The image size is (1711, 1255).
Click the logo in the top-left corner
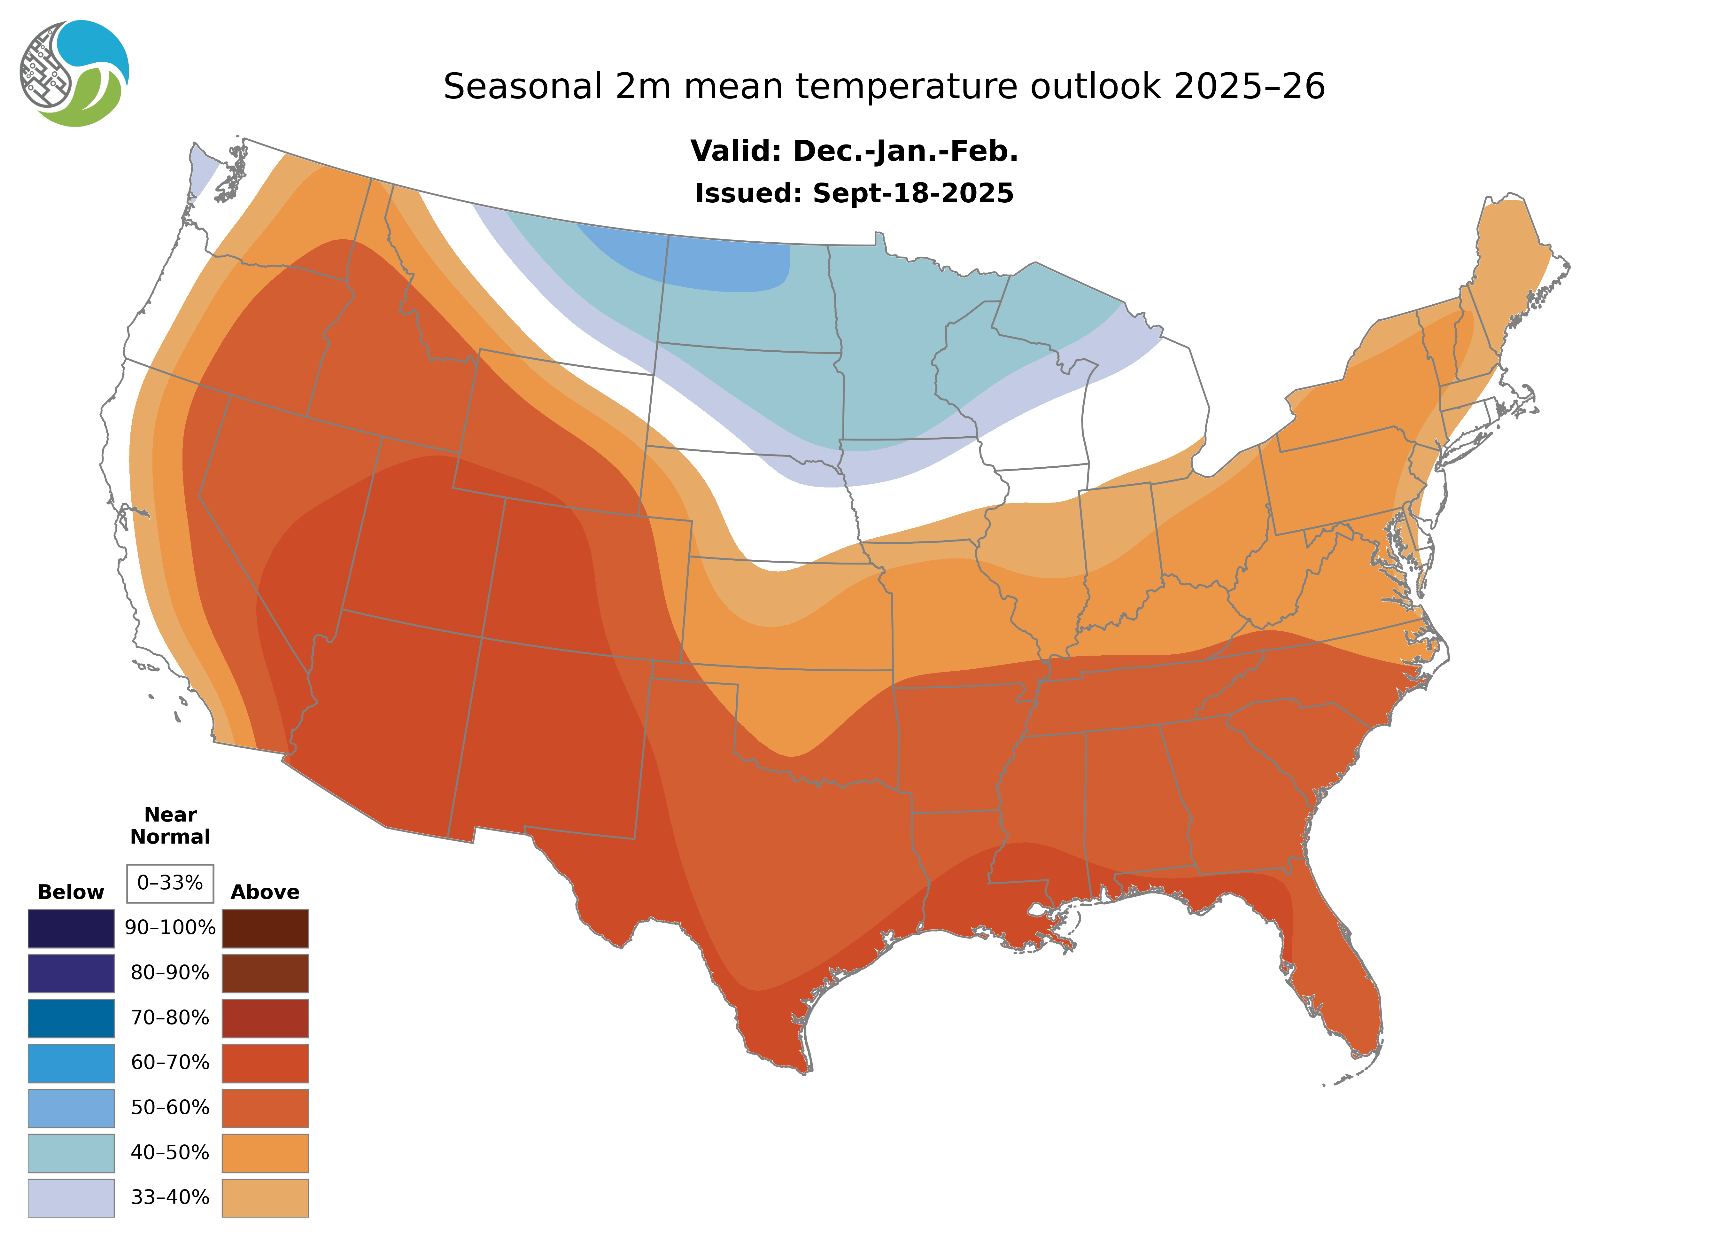74,74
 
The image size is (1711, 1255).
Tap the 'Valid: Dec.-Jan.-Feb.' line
854,151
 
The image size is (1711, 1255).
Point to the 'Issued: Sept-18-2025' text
854,193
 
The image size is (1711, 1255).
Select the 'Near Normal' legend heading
170,826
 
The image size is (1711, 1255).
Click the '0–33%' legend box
170,883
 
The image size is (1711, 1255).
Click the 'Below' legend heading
71,892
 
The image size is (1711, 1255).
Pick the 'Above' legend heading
265,892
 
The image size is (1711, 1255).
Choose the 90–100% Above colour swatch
265,928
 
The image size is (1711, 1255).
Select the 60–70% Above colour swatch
265,1063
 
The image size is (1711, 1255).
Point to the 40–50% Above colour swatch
265,1152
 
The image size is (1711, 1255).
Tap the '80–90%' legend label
170,973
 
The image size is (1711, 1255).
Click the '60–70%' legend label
170,1063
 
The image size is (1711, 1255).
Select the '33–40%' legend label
170,1197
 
